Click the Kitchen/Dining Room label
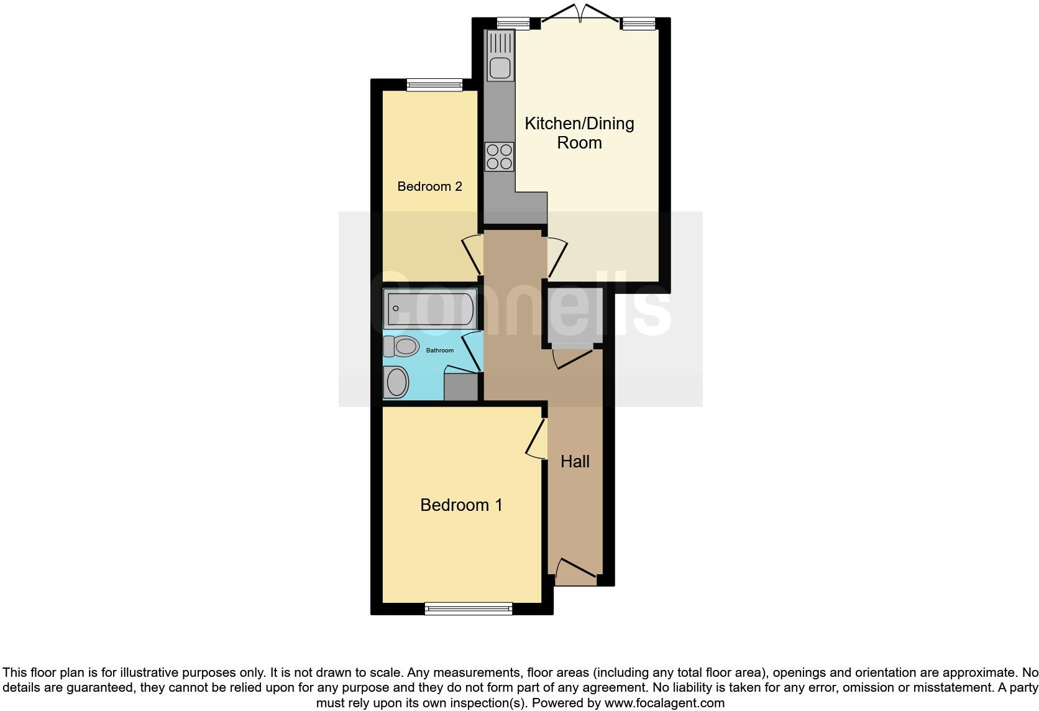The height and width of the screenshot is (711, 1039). pyautogui.click(x=579, y=133)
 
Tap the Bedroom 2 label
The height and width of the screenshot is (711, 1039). pyautogui.click(x=429, y=186)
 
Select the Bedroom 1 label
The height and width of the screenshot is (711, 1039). pyautogui.click(x=461, y=505)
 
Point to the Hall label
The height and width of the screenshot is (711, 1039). pyautogui.click(x=575, y=462)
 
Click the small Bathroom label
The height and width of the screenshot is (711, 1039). pyautogui.click(x=439, y=351)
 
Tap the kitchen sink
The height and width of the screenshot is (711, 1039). pyautogui.click(x=500, y=57)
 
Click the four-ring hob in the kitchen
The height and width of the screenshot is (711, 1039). pyautogui.click(x=500, y=156)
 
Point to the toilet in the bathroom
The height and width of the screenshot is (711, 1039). pyautogui.click(x=400, y=346)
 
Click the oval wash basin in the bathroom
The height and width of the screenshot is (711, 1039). pyautogui.click(x=396, y=382)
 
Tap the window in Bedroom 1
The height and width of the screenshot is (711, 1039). pyautogui.click(x=469, y=608)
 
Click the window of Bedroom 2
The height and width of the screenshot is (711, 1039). pyautogui.click(x=434, y=85)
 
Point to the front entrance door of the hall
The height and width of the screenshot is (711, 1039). pyautogui.click(x=575, y=572)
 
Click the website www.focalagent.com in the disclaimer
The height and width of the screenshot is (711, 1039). pyautogui.click(x=664, y=704)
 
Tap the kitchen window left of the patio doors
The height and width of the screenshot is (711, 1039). pyautogui.click(x=513, y=24)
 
